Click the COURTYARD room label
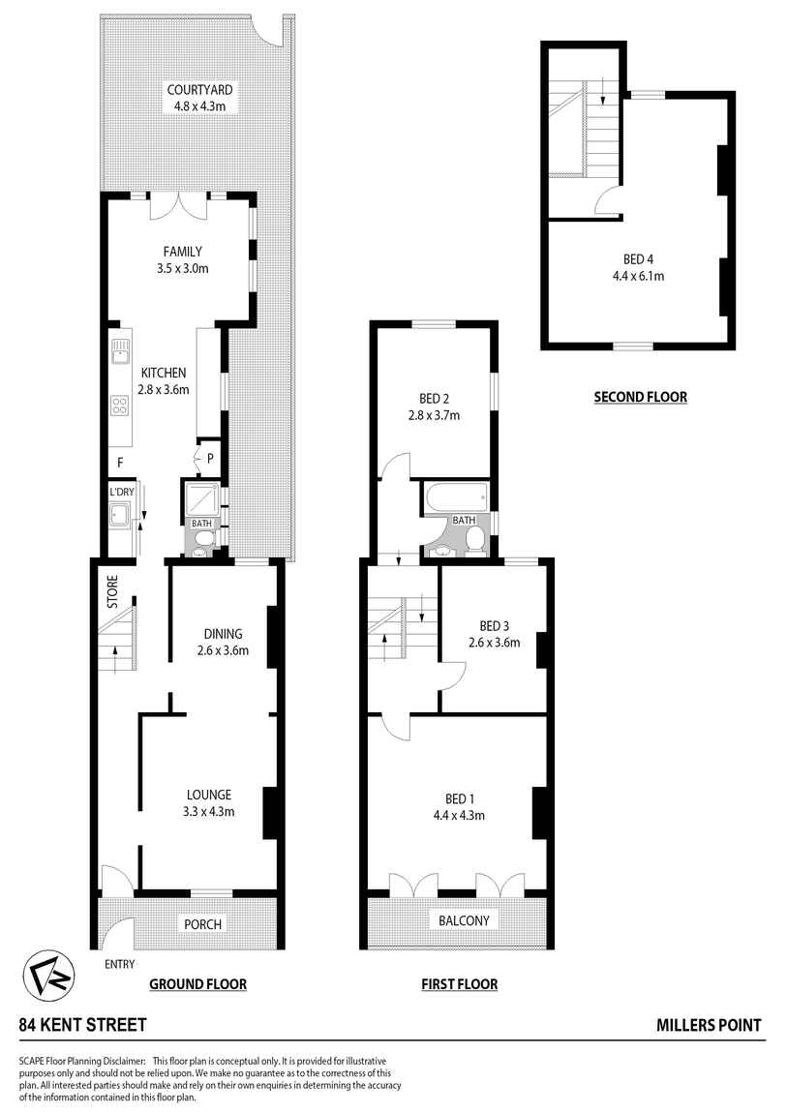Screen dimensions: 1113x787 tap(199, 90)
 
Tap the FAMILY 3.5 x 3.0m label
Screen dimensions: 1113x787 tap(182, 252)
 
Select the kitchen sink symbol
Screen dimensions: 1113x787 tap(121, 350)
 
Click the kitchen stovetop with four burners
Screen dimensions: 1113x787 tap(121, 407)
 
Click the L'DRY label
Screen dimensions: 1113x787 tap(120, 493)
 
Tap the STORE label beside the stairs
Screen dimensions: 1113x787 tap(111, 592)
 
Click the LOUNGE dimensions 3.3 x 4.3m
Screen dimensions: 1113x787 tap(209, 811)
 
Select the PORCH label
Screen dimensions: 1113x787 tap(203, 924)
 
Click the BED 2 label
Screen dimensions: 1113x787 tap(434, 399)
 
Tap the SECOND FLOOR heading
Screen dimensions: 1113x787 tap(640, 396)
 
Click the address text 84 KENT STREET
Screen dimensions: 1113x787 tap(83, 1025)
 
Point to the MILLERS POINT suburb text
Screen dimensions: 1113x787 tap(709, 1025)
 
